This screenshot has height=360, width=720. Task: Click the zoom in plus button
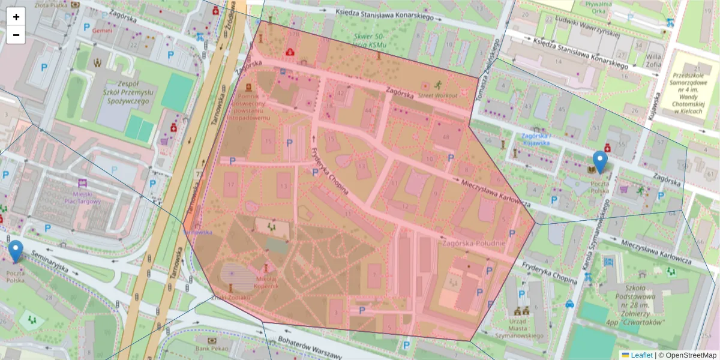coord(16,17)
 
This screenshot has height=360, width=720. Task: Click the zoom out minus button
coord(16,35)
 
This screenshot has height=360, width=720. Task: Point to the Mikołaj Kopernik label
coord(266,282)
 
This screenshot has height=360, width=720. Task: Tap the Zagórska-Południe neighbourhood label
coord(473,244)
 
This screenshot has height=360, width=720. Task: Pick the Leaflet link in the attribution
coord(641,355)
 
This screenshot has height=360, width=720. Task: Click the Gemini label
coord(103,30)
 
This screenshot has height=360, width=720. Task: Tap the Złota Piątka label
coord(50,4)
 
